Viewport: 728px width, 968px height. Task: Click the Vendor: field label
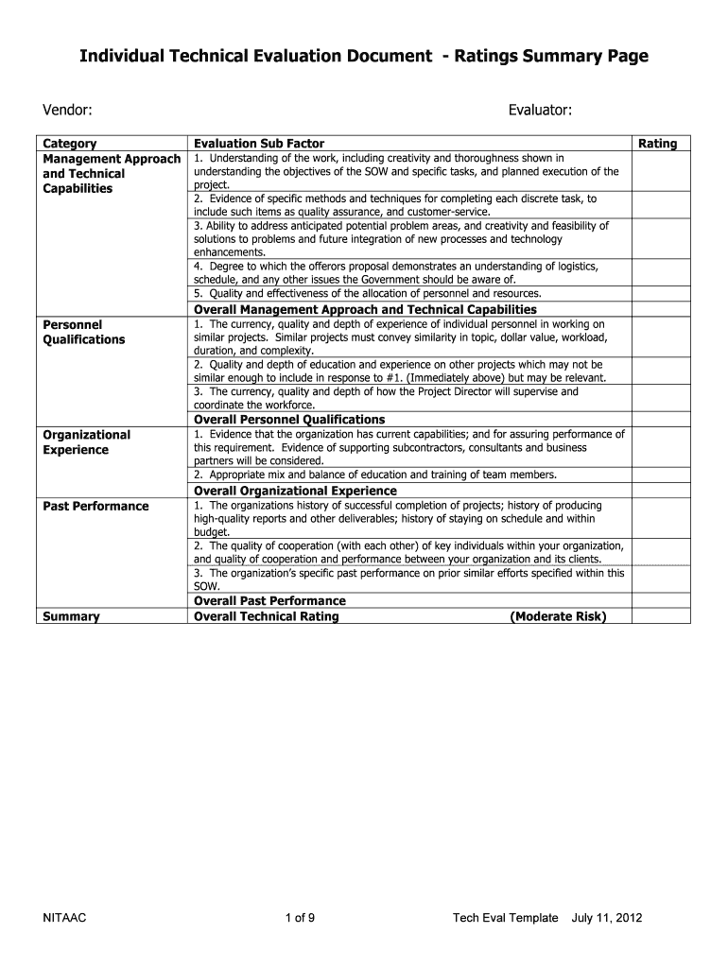click(x=66, y=112)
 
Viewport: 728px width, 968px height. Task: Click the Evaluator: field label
click(x=540, y=112)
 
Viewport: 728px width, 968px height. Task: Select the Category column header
click(x=70, y=144)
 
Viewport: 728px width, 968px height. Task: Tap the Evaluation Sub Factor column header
click(x=259, y=144)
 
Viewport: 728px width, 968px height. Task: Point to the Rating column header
click(x=658, y=144)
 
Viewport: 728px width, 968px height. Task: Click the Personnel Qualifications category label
click(x=84, y=332)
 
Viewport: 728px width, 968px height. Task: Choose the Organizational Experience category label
click(x=87, y=441)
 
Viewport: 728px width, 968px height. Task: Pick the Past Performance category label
click(x=95, y=506)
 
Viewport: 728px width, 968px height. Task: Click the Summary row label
click(x=72, y=616)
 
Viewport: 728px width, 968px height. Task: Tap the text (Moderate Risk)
click(x=558, y=616)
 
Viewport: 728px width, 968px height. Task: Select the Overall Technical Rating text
click(x=266, y=616)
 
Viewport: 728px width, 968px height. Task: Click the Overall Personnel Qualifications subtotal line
click(x=289, y=419)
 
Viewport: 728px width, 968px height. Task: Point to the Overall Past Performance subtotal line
click(x=269, y=600)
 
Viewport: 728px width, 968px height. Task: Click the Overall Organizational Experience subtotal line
click(x=295, y=491)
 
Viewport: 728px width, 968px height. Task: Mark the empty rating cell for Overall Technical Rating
click(x=661, y=616)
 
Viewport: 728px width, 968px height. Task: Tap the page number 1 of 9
click(x=300, y=919)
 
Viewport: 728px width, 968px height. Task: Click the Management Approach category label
click(x=112, y=159)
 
